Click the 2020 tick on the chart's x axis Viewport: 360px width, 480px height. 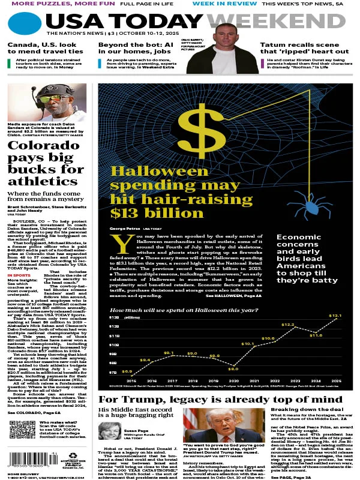coord(234,380)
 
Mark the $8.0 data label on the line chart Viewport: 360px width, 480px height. coord(234,368)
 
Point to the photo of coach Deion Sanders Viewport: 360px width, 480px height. coord(47,103)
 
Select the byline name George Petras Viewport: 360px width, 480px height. coord(125,229)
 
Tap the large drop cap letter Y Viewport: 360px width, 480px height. coord(122,244)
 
